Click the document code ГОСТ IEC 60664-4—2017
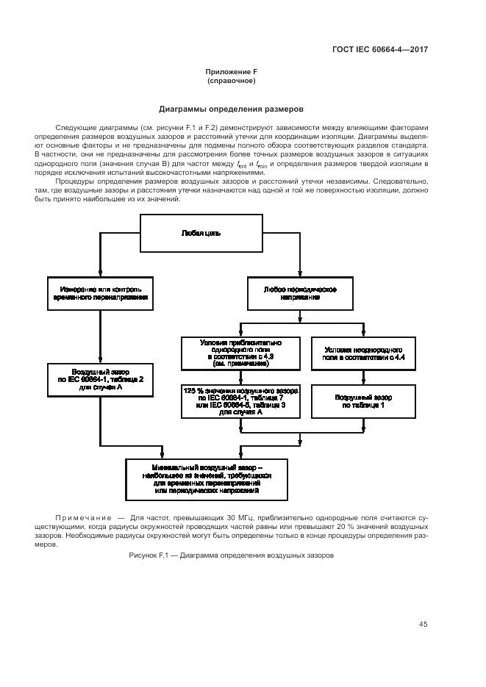380,50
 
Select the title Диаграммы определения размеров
231,109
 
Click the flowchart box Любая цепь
201,233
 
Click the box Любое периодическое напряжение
299,293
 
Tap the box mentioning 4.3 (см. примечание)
241,353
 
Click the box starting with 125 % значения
241,402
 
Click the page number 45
423,625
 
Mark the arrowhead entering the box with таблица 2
100,360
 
